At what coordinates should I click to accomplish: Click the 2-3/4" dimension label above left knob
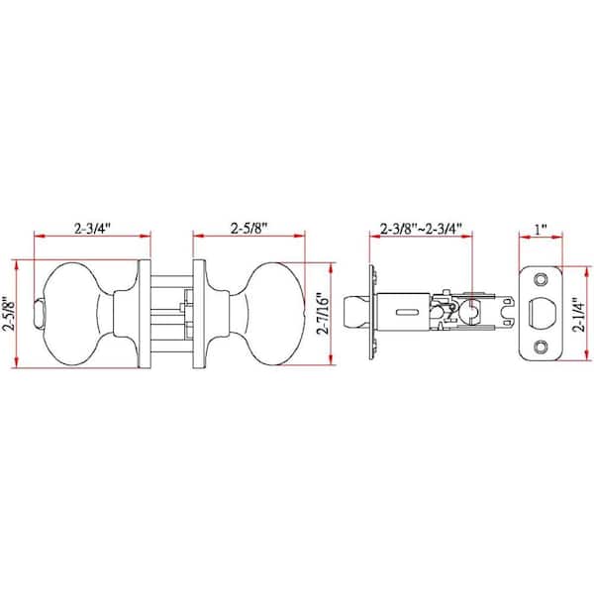(x=92, y=229)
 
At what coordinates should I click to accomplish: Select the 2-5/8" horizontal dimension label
(x=248, y=229)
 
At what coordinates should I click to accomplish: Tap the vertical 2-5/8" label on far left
(x=8, y=314)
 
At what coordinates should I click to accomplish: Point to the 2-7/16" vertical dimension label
(x=324, y=313)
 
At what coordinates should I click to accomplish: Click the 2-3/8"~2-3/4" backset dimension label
(x=421, y=229)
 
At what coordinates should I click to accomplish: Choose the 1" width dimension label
(x=541, y=229)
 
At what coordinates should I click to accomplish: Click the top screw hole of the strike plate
(x=541, y=280)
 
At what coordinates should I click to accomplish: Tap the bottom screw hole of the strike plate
(x=541, y=346)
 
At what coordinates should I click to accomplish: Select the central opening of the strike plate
(x=543, y=313)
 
